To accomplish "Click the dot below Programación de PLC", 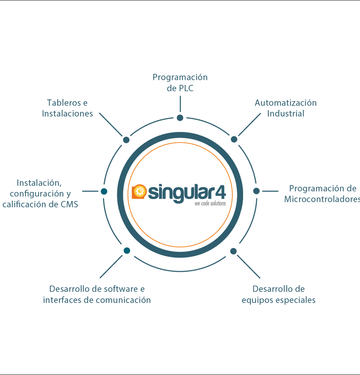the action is (x=180, y=118).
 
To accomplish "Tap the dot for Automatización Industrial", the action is (x=234, y=139).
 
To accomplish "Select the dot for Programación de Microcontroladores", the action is (x=256, y=191).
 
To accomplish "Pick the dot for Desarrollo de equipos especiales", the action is (x=234, y=251).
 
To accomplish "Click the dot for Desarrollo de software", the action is (x=127, y=250).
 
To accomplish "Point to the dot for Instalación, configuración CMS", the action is (x=104, y=191).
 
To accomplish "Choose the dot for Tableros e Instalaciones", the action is (x=126, y=140).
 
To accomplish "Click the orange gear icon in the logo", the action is (x=139, y=191).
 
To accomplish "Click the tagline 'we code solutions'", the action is (x=210, y=203).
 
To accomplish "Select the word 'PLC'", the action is (x=186, y=88).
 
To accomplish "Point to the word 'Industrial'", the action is (x=286, y=113).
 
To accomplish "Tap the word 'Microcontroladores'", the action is (x=322, y=199).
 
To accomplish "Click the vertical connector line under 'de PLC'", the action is (x=180, y=103).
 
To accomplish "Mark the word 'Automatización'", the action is (x=286, y=103).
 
